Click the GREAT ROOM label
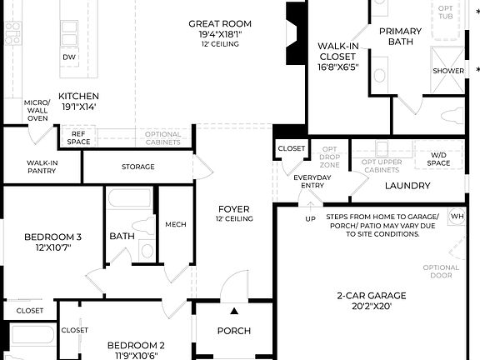(219, 23)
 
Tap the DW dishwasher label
(71, 57)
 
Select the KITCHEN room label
(77, 97)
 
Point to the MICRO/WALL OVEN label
(37, 109)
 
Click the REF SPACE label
(78, 137)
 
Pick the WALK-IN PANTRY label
(41, 167)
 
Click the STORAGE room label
(137, 167)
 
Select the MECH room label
(175, 224)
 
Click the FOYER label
(234, 209)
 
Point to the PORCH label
(233, 331)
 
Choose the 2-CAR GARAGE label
(371, 295)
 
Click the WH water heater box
(457, 216)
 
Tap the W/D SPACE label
(438, 158)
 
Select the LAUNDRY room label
(407, 186)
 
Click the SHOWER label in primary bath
(447, 71)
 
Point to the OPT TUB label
(447, 12)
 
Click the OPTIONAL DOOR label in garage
(441, 272)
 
